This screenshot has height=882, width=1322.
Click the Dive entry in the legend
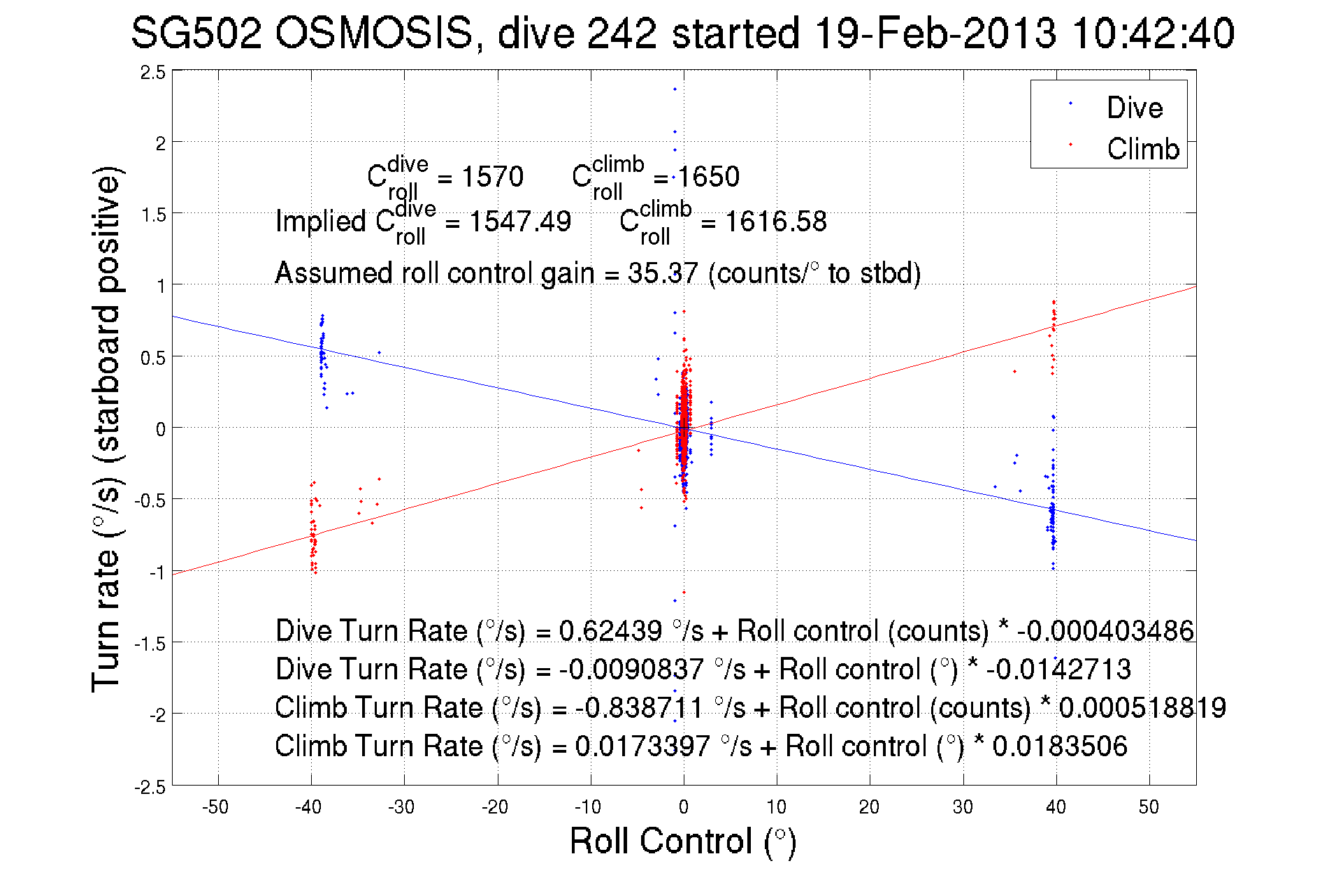pos(1134,108)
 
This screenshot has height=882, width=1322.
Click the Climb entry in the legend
pos(1142,149)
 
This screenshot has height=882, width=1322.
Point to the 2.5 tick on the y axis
pos(152,73)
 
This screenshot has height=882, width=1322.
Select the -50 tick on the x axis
pos(215,807)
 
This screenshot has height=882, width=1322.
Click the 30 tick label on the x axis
pos(962,807)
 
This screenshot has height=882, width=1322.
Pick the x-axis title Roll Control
pos(682,841)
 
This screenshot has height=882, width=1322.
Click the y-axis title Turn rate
pos(106,428)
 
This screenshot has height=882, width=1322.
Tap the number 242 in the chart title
pos(622,33)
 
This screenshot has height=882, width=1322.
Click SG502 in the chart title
pos(196,33)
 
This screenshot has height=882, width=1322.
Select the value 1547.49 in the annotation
pos(519,222)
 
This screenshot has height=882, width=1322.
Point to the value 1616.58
pos(775,222)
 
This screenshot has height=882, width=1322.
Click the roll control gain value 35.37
pos(662,273)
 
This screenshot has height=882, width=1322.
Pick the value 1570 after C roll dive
pos(492,177)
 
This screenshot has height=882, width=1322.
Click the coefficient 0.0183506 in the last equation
pos(1060,746)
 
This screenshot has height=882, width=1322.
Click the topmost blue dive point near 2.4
pos(675,89)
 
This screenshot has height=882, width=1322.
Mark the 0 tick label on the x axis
pos(683,807)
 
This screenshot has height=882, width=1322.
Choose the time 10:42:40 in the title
pos(1153,33)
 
